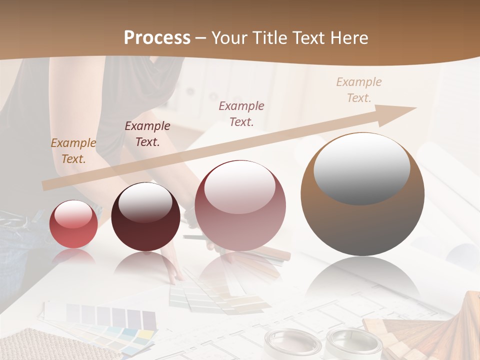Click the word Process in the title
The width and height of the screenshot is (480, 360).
pyautogui.click(x=157, y=38)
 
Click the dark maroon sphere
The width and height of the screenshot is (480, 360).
pyautogui.click(x=145, y=217)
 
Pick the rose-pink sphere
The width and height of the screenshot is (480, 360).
pyautogui.click(x=240, y=206)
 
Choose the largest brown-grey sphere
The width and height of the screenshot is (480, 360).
pyautogui.click(x=362, y=194)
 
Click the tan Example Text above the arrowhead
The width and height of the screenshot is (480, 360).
pyautogui.click(x=359, y=90)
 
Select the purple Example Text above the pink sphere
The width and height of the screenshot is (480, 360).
pyautogui.click(x=241, y=113)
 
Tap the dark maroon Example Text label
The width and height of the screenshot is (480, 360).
pyautogui.click(x=147, y=134)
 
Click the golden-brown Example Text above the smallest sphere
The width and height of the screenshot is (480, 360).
pyautogui.click(x=73, y=151)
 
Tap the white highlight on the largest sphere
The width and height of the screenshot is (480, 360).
pyautogui.click(x=362, y=168)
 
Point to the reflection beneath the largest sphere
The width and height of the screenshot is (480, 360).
pyautogui.click(x=362, y=280)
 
